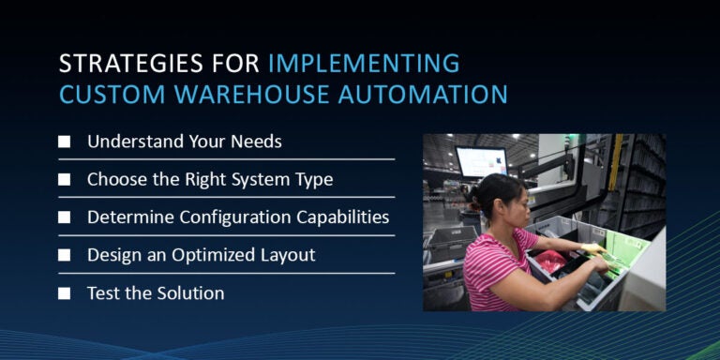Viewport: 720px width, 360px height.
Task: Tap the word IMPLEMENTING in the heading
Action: click(364, 64)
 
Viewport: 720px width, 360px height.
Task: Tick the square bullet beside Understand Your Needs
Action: click(64, 142)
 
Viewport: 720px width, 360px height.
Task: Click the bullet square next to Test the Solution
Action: click(64, 293)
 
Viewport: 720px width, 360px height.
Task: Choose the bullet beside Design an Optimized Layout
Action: click(64, 255)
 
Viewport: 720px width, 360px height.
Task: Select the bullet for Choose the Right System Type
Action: click(64, 179)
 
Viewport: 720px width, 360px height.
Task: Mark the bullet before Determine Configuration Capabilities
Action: click(64, 217)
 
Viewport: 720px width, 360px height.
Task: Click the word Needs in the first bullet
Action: click(258, 142)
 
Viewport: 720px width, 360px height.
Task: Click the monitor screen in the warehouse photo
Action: click(481, 161)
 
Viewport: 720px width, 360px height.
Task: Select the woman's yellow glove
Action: click(592, 250)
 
